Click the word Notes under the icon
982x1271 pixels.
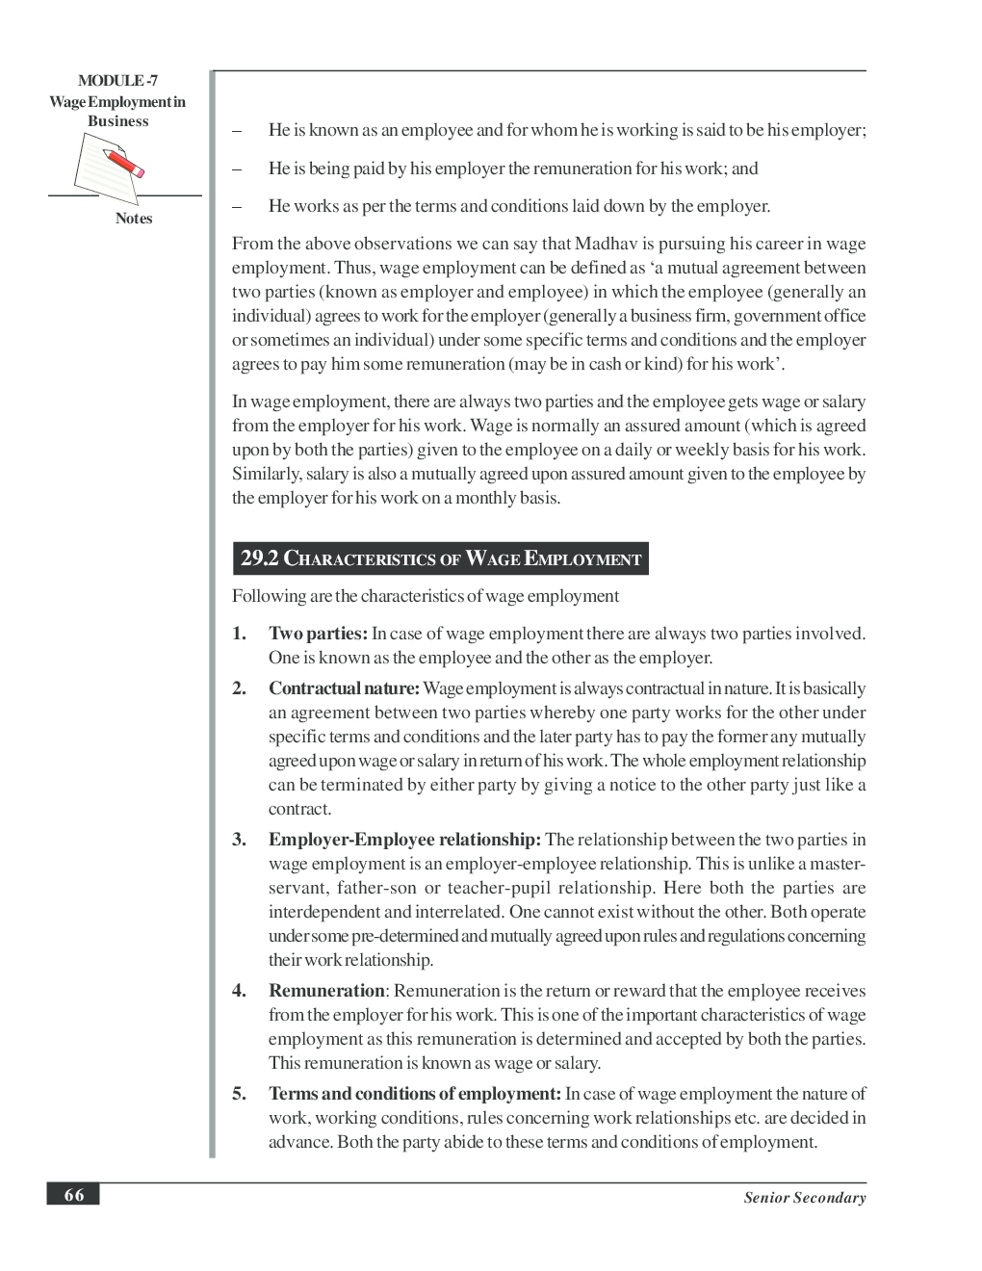click(134, 219)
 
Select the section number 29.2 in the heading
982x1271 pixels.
click(259, 558)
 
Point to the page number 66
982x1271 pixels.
click(73, 1195)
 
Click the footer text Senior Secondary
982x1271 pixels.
click(804, 1198)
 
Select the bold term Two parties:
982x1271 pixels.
click(318, 634)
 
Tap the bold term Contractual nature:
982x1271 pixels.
click(344, 688)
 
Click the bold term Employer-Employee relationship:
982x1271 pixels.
click(405, 840)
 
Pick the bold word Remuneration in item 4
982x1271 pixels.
click(326, 991)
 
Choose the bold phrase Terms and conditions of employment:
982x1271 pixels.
click(414, 1094)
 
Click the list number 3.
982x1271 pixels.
click(238, 840)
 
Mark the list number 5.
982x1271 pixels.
click(238, 1094)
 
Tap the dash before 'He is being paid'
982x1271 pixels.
click(236, 169)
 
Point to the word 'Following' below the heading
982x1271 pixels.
click(269, 596)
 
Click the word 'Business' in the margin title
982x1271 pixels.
click(117, 121)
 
